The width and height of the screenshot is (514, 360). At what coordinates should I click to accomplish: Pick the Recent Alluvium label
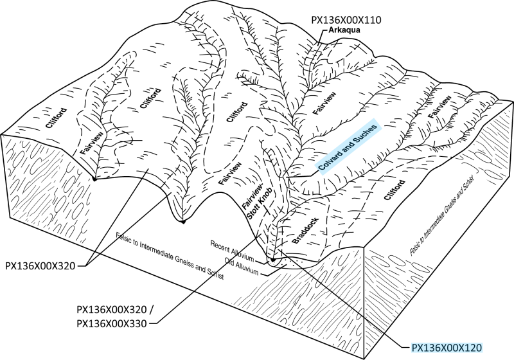click(233, 249)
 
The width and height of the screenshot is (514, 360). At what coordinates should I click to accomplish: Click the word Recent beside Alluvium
click(221, 248)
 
